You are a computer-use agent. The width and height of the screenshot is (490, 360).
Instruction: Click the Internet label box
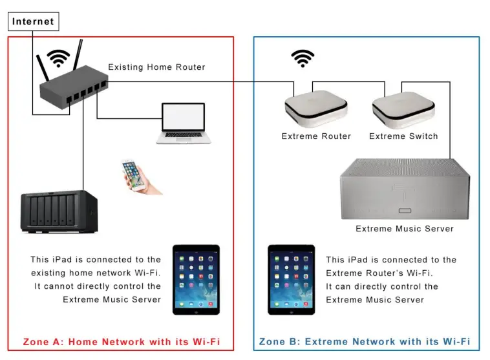coord(34,21)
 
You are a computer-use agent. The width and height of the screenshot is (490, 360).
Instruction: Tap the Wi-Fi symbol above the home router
coord(58,58)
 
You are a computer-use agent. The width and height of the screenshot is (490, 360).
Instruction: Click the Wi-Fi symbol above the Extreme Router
coord(303,58)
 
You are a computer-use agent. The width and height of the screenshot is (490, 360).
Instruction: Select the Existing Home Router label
coord(156,67)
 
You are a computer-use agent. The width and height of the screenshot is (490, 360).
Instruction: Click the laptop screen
coord(184,116)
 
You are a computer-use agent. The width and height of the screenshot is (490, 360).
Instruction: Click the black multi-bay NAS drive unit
coord(59,211)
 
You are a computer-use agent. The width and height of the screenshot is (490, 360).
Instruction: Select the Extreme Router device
coord(316,109)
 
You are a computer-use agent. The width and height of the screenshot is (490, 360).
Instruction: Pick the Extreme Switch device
coord(403,110)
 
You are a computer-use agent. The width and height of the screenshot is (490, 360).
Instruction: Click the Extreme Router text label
coord(316,136)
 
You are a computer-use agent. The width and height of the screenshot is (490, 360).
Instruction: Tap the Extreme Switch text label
coord(403,136)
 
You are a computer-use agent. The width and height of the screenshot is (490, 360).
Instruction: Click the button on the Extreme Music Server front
coord(405,211)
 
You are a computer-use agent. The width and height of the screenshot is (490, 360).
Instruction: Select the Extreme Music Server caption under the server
coord(405,229)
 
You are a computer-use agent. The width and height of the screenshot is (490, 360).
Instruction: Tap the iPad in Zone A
coord(197,280)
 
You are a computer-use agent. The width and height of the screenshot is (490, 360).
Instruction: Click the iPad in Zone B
coord(292,280)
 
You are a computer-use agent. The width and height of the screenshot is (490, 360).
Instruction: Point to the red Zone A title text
coord(122,341)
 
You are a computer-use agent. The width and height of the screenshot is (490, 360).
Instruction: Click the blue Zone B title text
coord(365,341)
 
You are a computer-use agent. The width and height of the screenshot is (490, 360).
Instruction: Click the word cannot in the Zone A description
coord(58,286)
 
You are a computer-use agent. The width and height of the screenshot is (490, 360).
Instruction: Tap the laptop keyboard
coord(184,134)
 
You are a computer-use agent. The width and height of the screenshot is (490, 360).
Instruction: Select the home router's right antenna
coord(78,55)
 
